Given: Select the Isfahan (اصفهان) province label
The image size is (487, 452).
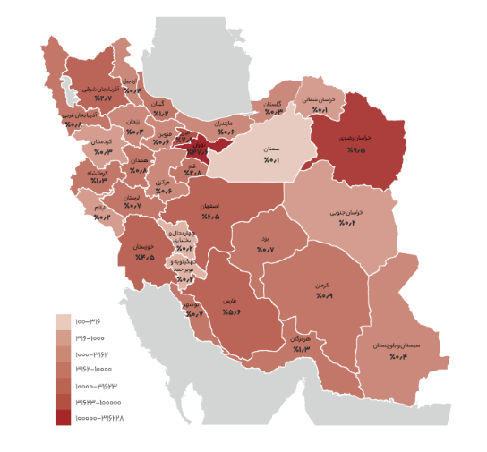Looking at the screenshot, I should pos(210,206).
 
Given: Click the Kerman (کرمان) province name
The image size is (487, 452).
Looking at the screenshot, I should pos(322,285).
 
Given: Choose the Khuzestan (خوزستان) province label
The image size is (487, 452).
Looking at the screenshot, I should pos(144,246).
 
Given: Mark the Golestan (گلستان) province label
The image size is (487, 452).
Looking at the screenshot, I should pos(272,103).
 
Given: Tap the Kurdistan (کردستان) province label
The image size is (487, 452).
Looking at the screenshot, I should pos(101,141).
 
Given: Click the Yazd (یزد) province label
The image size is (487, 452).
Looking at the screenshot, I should pos(265,239).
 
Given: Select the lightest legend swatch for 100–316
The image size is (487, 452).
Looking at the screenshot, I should pos(63,321).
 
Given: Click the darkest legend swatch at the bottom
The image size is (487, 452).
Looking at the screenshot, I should pos(63,417).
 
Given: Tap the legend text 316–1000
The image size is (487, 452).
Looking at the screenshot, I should pos(91,337).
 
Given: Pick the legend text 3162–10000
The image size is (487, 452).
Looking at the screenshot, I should pos(95,370).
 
